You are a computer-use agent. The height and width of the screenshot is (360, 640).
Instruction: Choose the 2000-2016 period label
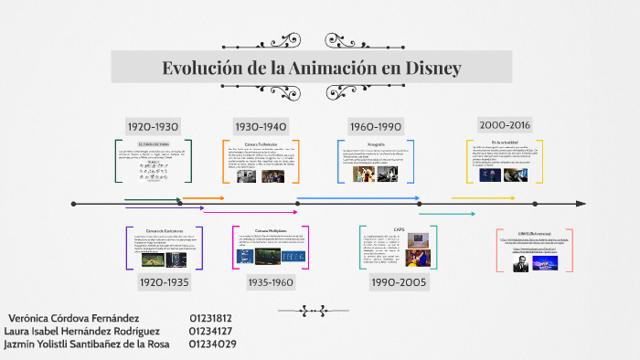coord(505,125)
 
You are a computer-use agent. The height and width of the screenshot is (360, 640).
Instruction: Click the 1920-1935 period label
coord(164,282)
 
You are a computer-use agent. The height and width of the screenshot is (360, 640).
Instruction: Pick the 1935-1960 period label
coord(270,282)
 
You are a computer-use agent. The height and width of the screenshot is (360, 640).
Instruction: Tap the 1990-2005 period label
coord(399,282)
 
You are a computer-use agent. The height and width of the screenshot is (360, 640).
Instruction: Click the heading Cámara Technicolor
coord(261,145)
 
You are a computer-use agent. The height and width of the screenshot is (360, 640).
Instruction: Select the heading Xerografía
coord(375,144)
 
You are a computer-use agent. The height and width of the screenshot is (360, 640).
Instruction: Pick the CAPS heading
coord(399,230)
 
